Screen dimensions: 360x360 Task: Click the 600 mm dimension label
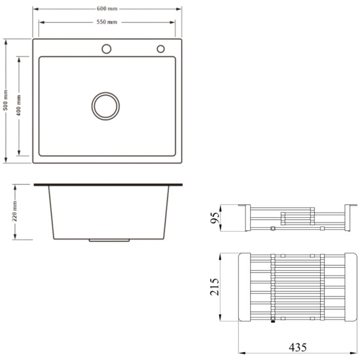107,9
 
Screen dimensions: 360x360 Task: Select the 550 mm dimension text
107,22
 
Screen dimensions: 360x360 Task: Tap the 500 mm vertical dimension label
5,100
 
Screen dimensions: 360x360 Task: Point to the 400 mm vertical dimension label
18,105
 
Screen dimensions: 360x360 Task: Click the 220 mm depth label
14,211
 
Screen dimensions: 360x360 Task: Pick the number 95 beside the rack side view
215,218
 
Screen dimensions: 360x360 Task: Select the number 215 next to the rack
215,287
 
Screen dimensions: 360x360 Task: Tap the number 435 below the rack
298,348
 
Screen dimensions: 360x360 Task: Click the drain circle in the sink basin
105,106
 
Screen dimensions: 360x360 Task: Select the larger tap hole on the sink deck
107,49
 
